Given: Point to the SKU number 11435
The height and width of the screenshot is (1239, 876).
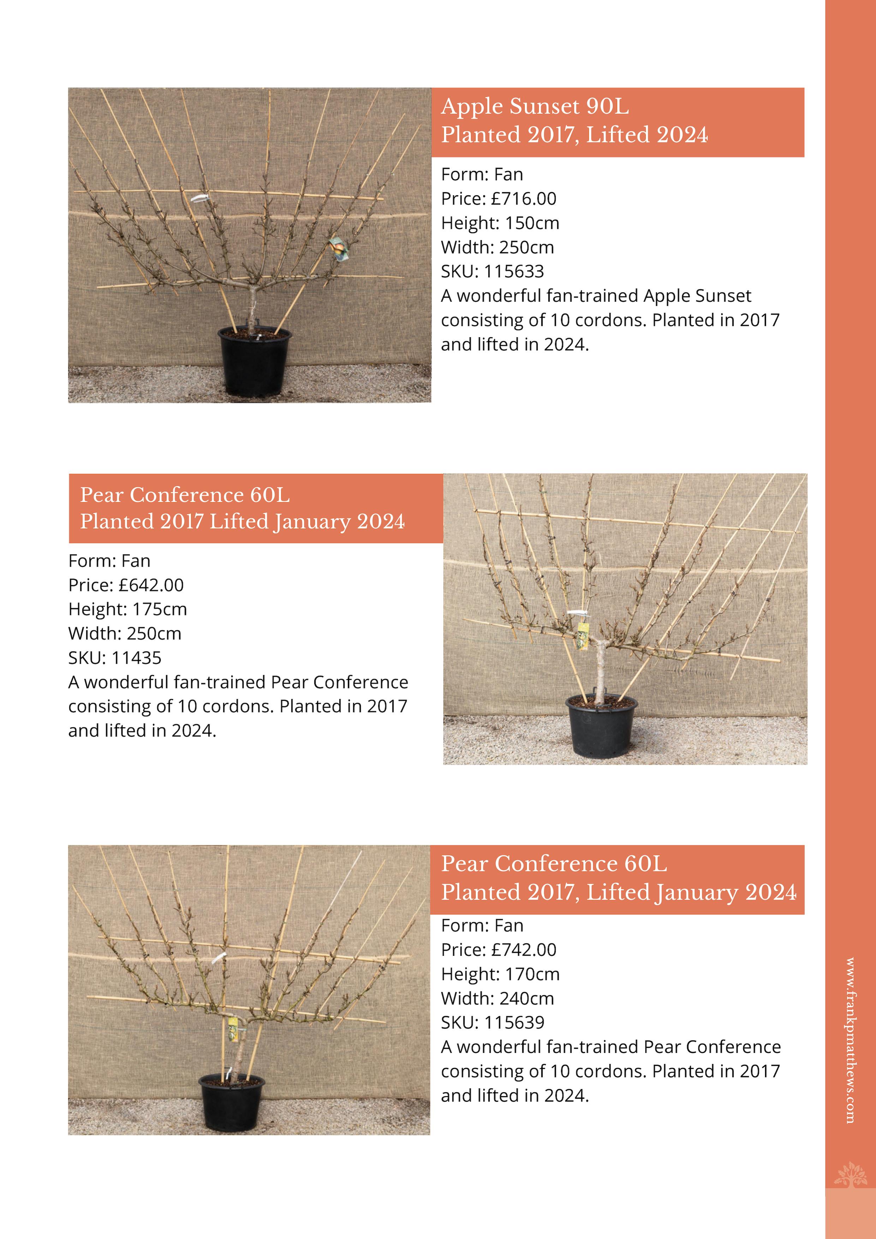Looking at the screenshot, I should [137, 658].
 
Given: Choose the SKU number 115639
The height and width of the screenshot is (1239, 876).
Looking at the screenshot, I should [514, 1023].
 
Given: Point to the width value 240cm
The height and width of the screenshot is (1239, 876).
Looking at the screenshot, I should [526, 998].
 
